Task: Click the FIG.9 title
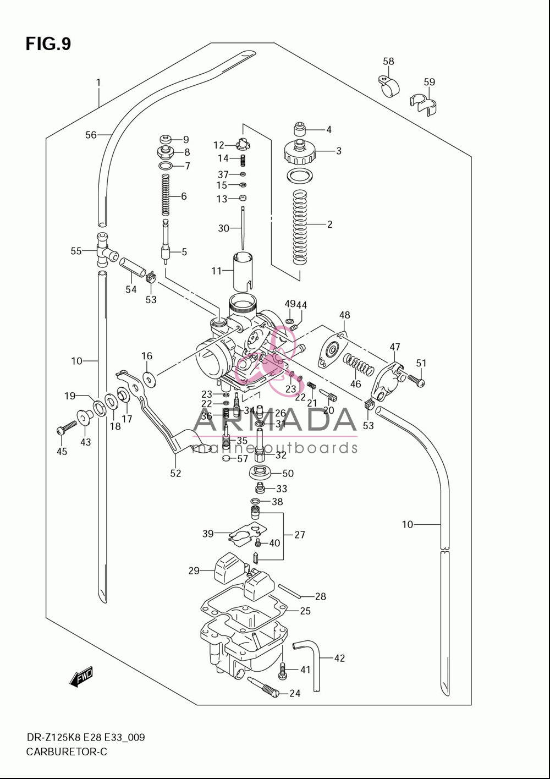48,44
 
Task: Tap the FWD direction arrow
81,677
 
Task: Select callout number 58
388,61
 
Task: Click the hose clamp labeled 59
423,103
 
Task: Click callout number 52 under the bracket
175,473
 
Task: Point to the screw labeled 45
67,427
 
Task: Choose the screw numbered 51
416,380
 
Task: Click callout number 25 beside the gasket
305,611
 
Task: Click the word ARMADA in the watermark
274,419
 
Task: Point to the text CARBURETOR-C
67,752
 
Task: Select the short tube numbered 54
133,267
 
